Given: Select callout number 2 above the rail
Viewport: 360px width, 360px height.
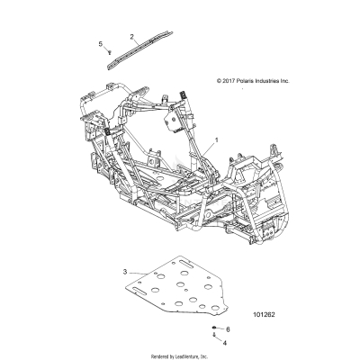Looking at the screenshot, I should pos(131,36).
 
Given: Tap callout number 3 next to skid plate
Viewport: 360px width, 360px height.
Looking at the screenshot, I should pos(124,270).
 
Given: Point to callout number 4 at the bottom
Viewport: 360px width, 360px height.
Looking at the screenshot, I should pos(226,344).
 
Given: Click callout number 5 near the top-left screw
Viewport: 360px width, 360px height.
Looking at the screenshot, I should pos(100,43).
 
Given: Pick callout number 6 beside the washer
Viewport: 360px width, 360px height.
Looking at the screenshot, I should pos(227,330).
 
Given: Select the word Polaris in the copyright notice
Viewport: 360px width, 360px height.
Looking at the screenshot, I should pos(241,80).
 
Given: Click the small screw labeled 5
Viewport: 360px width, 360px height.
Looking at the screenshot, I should pos(108,52).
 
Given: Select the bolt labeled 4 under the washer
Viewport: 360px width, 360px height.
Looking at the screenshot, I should pos(215,336).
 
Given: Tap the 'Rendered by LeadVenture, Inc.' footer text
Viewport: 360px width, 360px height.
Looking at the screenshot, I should pos(179,355).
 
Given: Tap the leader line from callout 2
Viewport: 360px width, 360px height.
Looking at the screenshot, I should pos(137,41).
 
